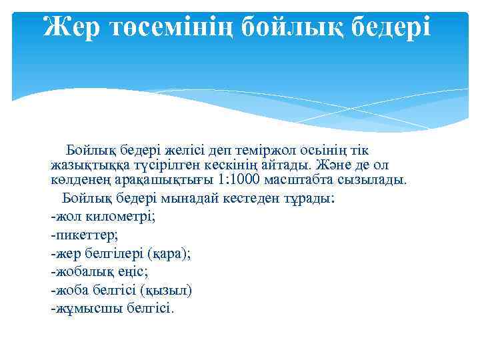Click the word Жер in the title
tap(71, 27)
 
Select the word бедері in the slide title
tap(387, 27)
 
